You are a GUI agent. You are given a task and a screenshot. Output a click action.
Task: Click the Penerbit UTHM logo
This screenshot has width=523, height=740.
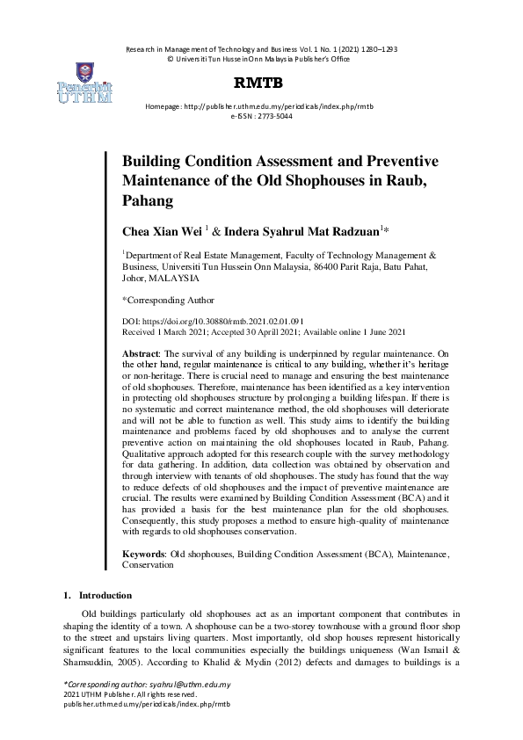coord(85,84)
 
